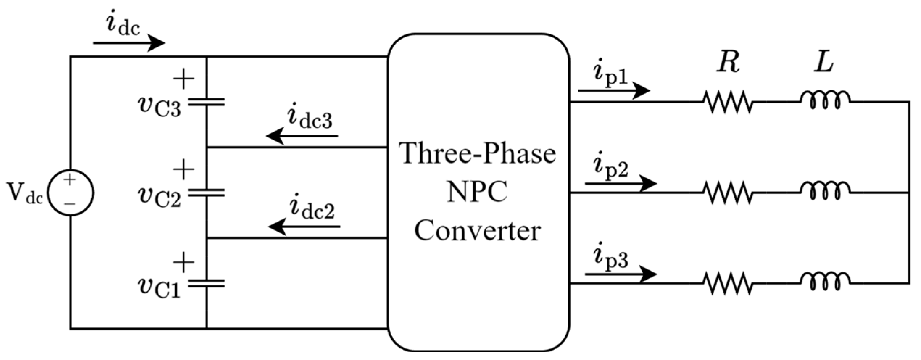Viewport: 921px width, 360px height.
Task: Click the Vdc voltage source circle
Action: click(71, 193)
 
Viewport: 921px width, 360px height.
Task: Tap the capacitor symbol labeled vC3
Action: click(206, 102)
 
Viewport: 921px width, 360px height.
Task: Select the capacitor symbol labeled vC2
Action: click(206, 193)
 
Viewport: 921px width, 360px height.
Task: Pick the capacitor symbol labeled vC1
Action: click(206, 283)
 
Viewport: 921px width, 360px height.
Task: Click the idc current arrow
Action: click(129, 43)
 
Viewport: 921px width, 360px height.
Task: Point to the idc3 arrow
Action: click(302, 136)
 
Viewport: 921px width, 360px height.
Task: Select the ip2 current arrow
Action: click(620, 183)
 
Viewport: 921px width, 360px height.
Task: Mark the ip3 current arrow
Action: click(620, 274)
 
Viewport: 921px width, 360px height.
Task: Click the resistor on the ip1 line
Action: click(728, 102)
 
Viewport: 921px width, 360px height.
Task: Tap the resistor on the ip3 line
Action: click(728, 283)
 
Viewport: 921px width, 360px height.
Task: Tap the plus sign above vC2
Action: click(184, 169)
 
